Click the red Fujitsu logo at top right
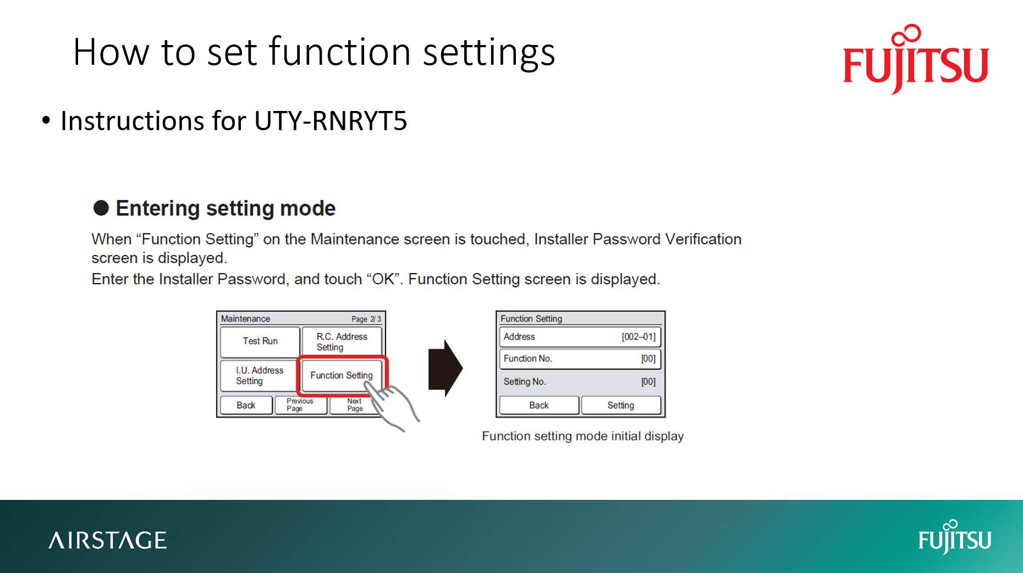click(x=916, y=59)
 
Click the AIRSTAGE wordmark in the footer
click(x=108, y=541)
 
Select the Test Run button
click(x=260, y=341)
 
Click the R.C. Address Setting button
click(x=342, y=342)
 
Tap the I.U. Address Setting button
click(x=259, y=376)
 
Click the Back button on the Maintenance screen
click(x=246, y=405)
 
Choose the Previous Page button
click(x=300, y=405)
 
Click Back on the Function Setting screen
click(x=539, y=405)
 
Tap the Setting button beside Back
click(x=621, y=405)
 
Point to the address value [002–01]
click(x=639, y=337)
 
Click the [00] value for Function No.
click(x=648, y=359)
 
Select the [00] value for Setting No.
click(x=648, y=382)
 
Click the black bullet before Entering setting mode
click(x=101, y=208)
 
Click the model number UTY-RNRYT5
click(x=331, y=121)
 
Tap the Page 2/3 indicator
click(x=366, y=319)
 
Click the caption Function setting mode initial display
click(x=582, y=436)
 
